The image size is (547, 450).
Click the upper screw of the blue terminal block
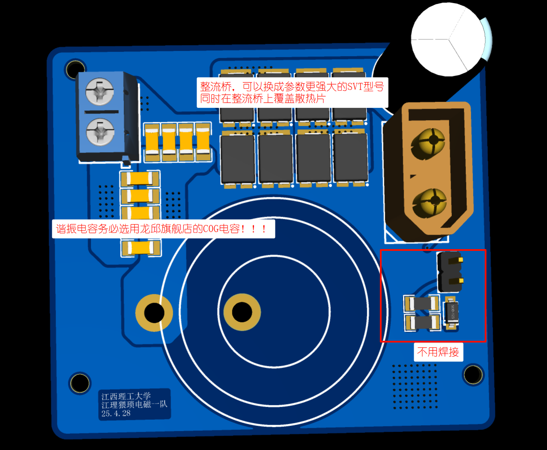coord(99,91)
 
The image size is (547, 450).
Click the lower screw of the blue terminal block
coord(100,132)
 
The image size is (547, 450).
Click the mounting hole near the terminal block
coord(75,69)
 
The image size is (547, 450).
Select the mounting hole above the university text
coord(80,383)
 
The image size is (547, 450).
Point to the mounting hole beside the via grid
coord(473,374)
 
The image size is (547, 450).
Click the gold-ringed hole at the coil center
coord(242,312)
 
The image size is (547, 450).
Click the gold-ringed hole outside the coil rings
coord(154,313)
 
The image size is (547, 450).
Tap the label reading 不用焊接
coord(438,352)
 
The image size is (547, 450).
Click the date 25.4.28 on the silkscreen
coord(116,413)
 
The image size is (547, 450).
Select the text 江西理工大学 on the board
coord(126,396)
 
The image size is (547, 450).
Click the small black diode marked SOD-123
coord(451,314)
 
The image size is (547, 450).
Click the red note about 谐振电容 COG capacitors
coord(164,229)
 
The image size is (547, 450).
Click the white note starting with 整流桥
coord(292,93)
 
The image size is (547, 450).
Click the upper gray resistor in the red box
coord(422,303)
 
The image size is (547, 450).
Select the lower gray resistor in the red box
coord(423,323)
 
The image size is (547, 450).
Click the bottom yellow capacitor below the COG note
coord(141,248)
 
